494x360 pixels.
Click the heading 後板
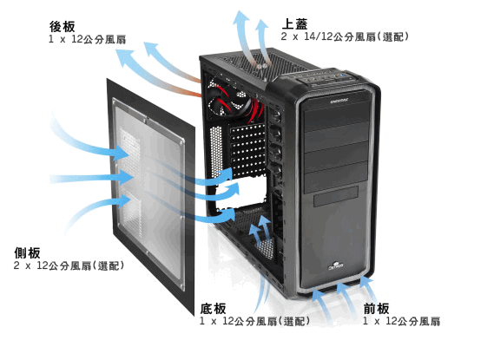(62, 27)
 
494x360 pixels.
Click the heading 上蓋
(294, 24)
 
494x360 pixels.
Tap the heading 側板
(28, 253)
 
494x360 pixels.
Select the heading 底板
(214, 309)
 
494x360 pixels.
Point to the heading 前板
(377, 309)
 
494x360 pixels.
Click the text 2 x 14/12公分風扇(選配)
(345, 36)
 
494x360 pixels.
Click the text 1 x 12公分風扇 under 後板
(88, 39)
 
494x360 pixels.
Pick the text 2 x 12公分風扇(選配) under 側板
(69, 265)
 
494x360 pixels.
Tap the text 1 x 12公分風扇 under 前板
(402, 321)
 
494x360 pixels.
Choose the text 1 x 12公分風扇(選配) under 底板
(254, 321)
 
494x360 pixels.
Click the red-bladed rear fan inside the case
(228, 101)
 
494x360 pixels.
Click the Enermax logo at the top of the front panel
(339, 101)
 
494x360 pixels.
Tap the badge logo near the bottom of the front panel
(336, 266)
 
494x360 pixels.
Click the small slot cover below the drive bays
(336, 196)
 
